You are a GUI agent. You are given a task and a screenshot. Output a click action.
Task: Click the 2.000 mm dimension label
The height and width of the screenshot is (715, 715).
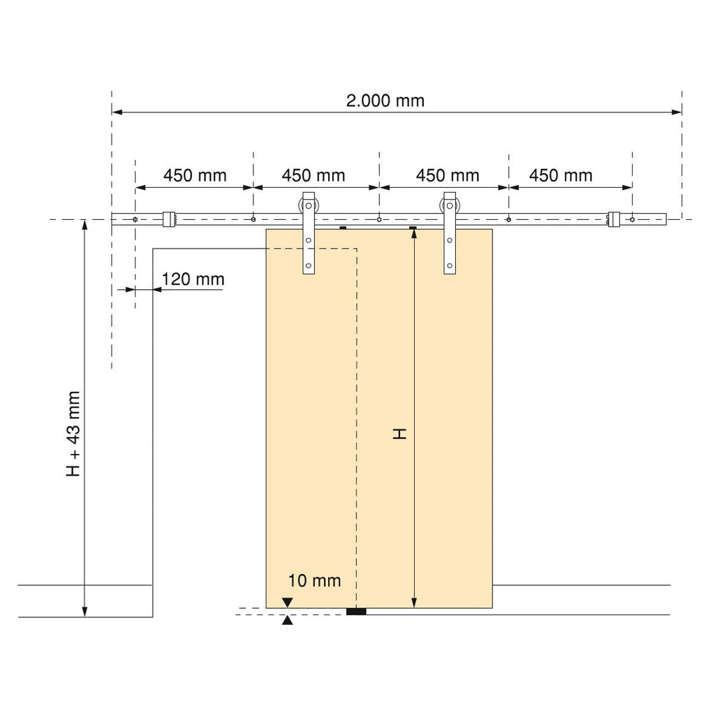(385, 101)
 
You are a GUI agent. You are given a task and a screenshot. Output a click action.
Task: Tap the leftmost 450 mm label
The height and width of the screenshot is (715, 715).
(196, 175)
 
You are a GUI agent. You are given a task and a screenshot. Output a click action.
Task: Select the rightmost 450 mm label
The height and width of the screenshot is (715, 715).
(561, 175)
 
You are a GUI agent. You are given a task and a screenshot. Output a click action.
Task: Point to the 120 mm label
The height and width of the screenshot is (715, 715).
(193, 279)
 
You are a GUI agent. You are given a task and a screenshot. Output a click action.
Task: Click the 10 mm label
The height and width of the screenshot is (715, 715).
(314, 580)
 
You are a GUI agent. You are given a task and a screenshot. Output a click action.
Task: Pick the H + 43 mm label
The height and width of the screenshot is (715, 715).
(73, 434)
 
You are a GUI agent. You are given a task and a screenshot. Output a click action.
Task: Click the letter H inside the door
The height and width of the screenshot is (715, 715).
(399, 434)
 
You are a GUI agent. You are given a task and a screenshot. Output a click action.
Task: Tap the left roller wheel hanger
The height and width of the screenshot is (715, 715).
(309, 233)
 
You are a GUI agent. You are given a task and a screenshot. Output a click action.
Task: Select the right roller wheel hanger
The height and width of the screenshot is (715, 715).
(450, 233)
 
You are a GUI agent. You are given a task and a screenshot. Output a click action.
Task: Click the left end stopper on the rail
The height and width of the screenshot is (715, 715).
(169, 219)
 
